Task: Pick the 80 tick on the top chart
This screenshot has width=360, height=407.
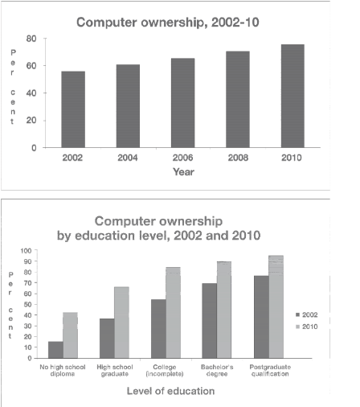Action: [x=31, y=38]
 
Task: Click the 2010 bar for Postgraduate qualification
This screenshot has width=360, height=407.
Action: [x=276, y=306]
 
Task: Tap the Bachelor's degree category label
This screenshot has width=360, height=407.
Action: [x=212, y=370]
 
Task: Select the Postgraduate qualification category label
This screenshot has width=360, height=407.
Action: [x=268, y=370]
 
